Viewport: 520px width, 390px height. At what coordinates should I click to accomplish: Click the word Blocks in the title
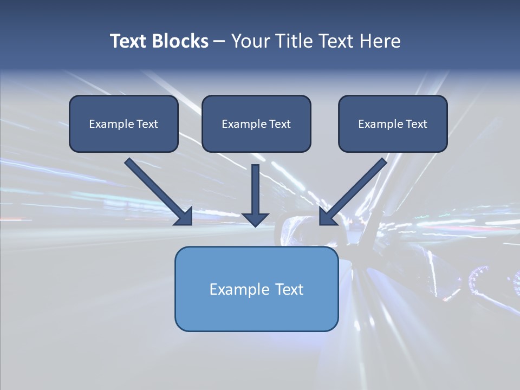click(181, 41)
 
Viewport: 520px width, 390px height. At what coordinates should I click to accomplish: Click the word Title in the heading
click(292, 41)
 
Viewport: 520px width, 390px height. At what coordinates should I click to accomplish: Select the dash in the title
click(219, 41)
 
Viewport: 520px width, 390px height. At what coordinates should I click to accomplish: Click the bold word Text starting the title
click(130, 41)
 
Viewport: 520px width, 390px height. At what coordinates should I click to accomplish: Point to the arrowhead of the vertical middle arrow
click(255, 219)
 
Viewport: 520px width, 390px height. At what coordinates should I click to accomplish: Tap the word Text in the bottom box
click(289, 289)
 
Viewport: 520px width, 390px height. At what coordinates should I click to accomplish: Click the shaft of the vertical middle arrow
click(255, 187)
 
